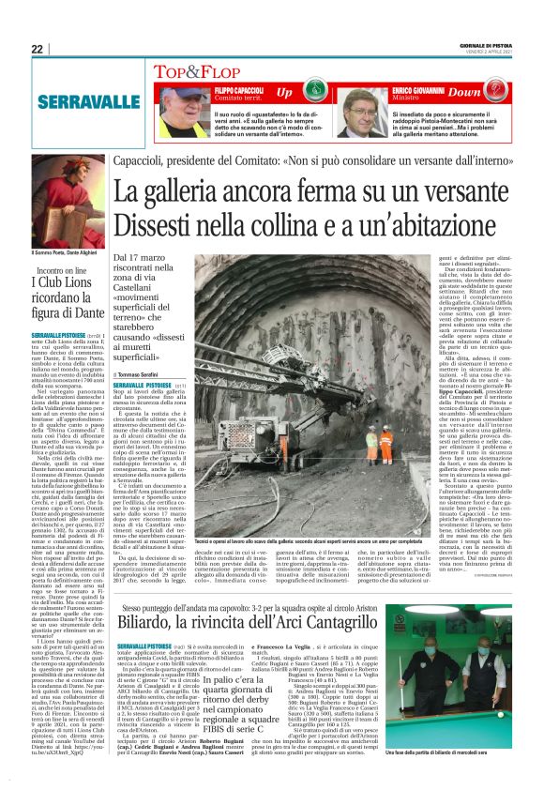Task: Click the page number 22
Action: tap(37, 49)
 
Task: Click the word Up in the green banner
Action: tap(283, 93)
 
